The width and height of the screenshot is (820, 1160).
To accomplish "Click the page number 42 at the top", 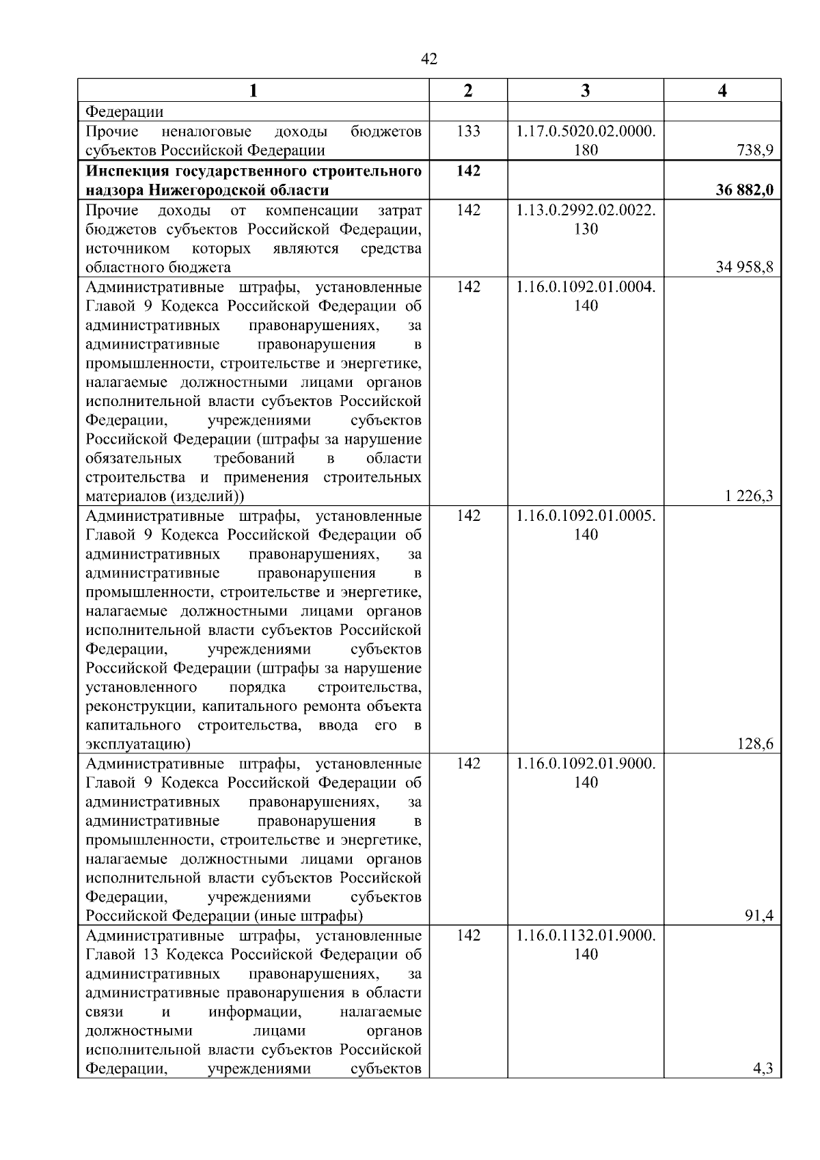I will pos(429,59).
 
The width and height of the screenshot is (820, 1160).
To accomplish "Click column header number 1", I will pos(254,90).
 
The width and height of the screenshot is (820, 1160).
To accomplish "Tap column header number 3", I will pos(585,90).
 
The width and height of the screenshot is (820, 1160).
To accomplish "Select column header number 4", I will pos(722,90).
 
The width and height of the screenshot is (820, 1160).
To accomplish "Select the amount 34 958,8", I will pos(744,267).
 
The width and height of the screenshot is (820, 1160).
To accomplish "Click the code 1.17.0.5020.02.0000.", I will pos(586,131).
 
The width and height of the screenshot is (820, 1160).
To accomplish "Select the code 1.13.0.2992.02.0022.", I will pos(586,210).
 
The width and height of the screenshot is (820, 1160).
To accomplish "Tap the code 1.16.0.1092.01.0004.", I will pos(586,286).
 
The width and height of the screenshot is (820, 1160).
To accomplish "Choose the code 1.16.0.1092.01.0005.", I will pos(586,515).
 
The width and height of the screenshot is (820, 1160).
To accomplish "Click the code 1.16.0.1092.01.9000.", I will pos(586,764).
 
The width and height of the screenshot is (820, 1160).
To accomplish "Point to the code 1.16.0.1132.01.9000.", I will pos(586,935).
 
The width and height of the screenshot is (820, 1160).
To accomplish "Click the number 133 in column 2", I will pos(468,131).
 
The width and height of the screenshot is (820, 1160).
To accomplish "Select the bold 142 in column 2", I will pos(468,171).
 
